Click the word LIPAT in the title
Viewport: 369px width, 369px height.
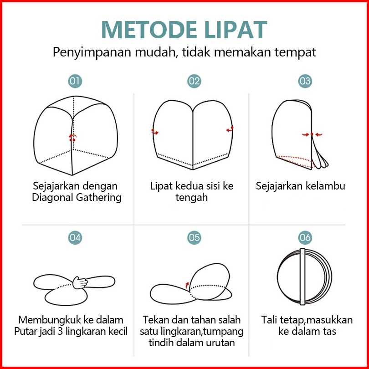click(x=236, y=30)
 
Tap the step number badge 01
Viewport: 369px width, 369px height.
click(x=75, y=81)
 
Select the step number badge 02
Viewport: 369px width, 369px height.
click(x=194, y=81)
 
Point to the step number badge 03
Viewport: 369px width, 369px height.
click(x=305, y=81)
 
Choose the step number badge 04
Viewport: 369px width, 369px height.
click(x=75, y=237)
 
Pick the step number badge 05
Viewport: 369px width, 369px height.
click(x=194, y=237)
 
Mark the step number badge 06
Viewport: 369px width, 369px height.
click(x=305, y=237)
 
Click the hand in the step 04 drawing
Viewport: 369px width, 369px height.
click(x=80, y=282)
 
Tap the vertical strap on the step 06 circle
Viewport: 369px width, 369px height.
click(x=302, y=277)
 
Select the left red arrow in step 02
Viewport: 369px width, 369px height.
click(x=155, y=132)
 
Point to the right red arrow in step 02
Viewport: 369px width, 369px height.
click(x=230, y=129)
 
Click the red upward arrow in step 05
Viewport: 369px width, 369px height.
click(x=187, y=285)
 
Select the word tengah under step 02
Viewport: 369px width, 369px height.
click(x=191, y=197)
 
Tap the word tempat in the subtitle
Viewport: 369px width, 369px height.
click(x=295, y=52)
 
